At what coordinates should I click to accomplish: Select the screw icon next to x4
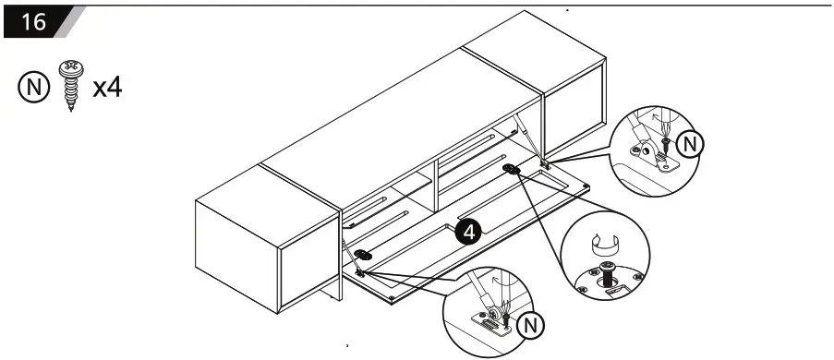(69, 86)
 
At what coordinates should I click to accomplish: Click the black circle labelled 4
(468, 232)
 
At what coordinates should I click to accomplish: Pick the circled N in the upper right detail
(689, 144)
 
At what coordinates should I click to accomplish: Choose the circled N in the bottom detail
(528, 325)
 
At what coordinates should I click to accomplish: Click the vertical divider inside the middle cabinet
(434, 184)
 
